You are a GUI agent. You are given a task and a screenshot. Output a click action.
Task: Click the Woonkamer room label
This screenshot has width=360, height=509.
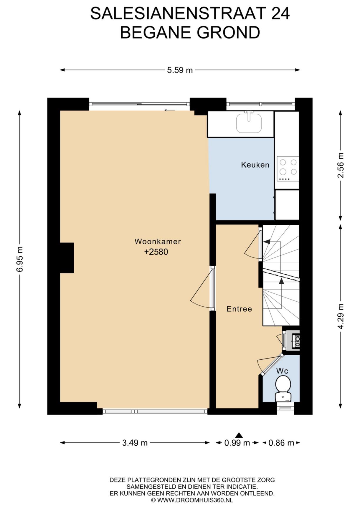158,242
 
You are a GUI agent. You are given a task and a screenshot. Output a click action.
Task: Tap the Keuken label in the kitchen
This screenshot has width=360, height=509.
255,165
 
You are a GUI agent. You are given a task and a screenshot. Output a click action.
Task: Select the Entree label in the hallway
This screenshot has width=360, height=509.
239,309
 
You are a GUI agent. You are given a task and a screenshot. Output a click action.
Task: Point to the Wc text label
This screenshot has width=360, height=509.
282,371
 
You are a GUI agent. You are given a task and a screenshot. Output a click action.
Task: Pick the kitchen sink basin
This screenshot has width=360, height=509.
249,123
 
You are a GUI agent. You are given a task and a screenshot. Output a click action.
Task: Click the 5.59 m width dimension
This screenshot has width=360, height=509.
180,70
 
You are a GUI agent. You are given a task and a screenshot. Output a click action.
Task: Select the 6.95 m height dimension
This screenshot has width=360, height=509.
19,260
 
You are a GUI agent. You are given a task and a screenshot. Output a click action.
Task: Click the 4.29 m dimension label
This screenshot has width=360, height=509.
341,316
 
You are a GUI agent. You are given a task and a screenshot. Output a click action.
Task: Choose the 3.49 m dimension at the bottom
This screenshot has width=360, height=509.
135,443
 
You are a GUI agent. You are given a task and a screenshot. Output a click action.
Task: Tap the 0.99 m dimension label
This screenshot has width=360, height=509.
237,443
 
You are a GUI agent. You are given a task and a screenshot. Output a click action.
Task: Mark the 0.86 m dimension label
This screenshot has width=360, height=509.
281,443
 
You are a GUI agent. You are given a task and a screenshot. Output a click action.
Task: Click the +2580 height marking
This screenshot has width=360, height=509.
156,252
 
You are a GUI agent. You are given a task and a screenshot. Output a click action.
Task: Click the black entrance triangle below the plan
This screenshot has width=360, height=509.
239,435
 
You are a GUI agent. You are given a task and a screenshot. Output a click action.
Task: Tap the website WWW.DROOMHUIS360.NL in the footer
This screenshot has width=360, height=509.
195,500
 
